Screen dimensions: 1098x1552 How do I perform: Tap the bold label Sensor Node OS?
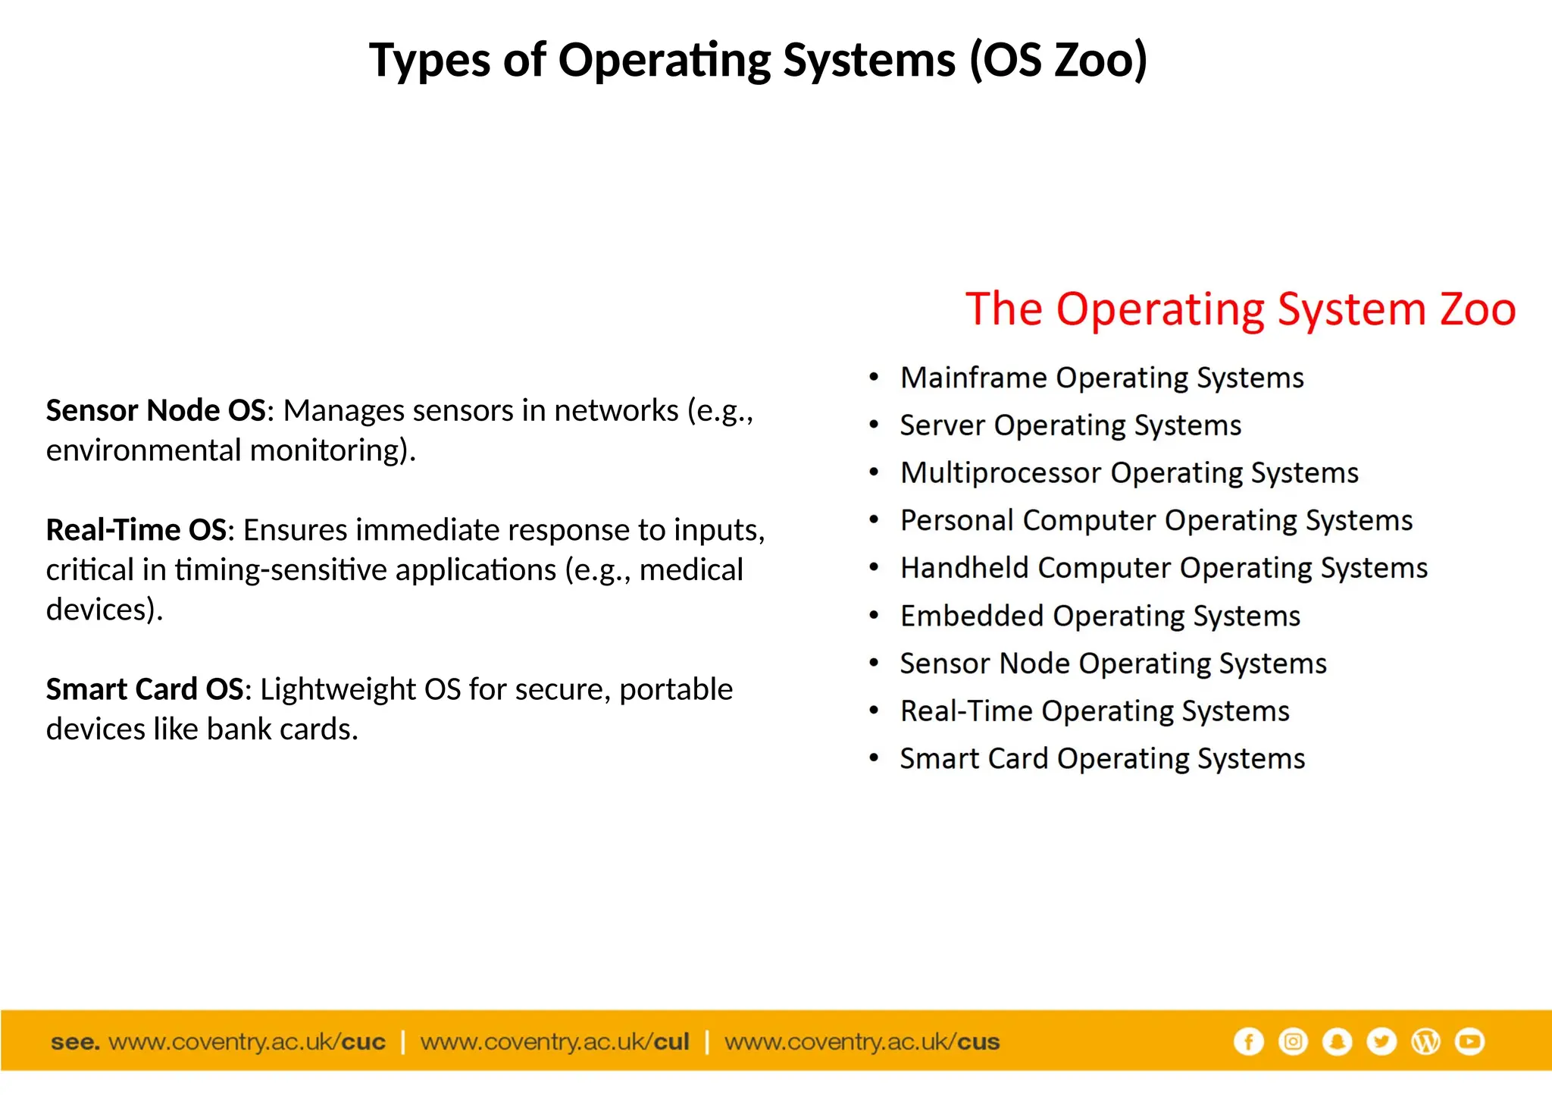155,411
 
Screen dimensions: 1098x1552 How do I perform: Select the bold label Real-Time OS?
136,530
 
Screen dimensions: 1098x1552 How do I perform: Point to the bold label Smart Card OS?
145,689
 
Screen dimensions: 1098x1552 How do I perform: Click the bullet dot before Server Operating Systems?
875,425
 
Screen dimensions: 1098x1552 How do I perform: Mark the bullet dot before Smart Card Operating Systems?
875,758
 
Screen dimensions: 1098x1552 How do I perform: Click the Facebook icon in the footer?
1248,1042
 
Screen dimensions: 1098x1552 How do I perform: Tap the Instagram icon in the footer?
1293,1042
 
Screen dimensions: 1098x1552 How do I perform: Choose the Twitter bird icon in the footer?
1381,1042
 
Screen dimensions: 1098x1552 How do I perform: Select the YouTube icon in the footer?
1470,1042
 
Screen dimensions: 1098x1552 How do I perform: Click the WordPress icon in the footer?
1425,1042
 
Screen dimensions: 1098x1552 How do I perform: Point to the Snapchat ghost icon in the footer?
1338,1042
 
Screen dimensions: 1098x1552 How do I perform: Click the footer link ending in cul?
555,1042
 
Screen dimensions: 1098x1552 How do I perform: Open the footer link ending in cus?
862,1042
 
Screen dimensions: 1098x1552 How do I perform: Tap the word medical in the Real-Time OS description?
691,570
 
